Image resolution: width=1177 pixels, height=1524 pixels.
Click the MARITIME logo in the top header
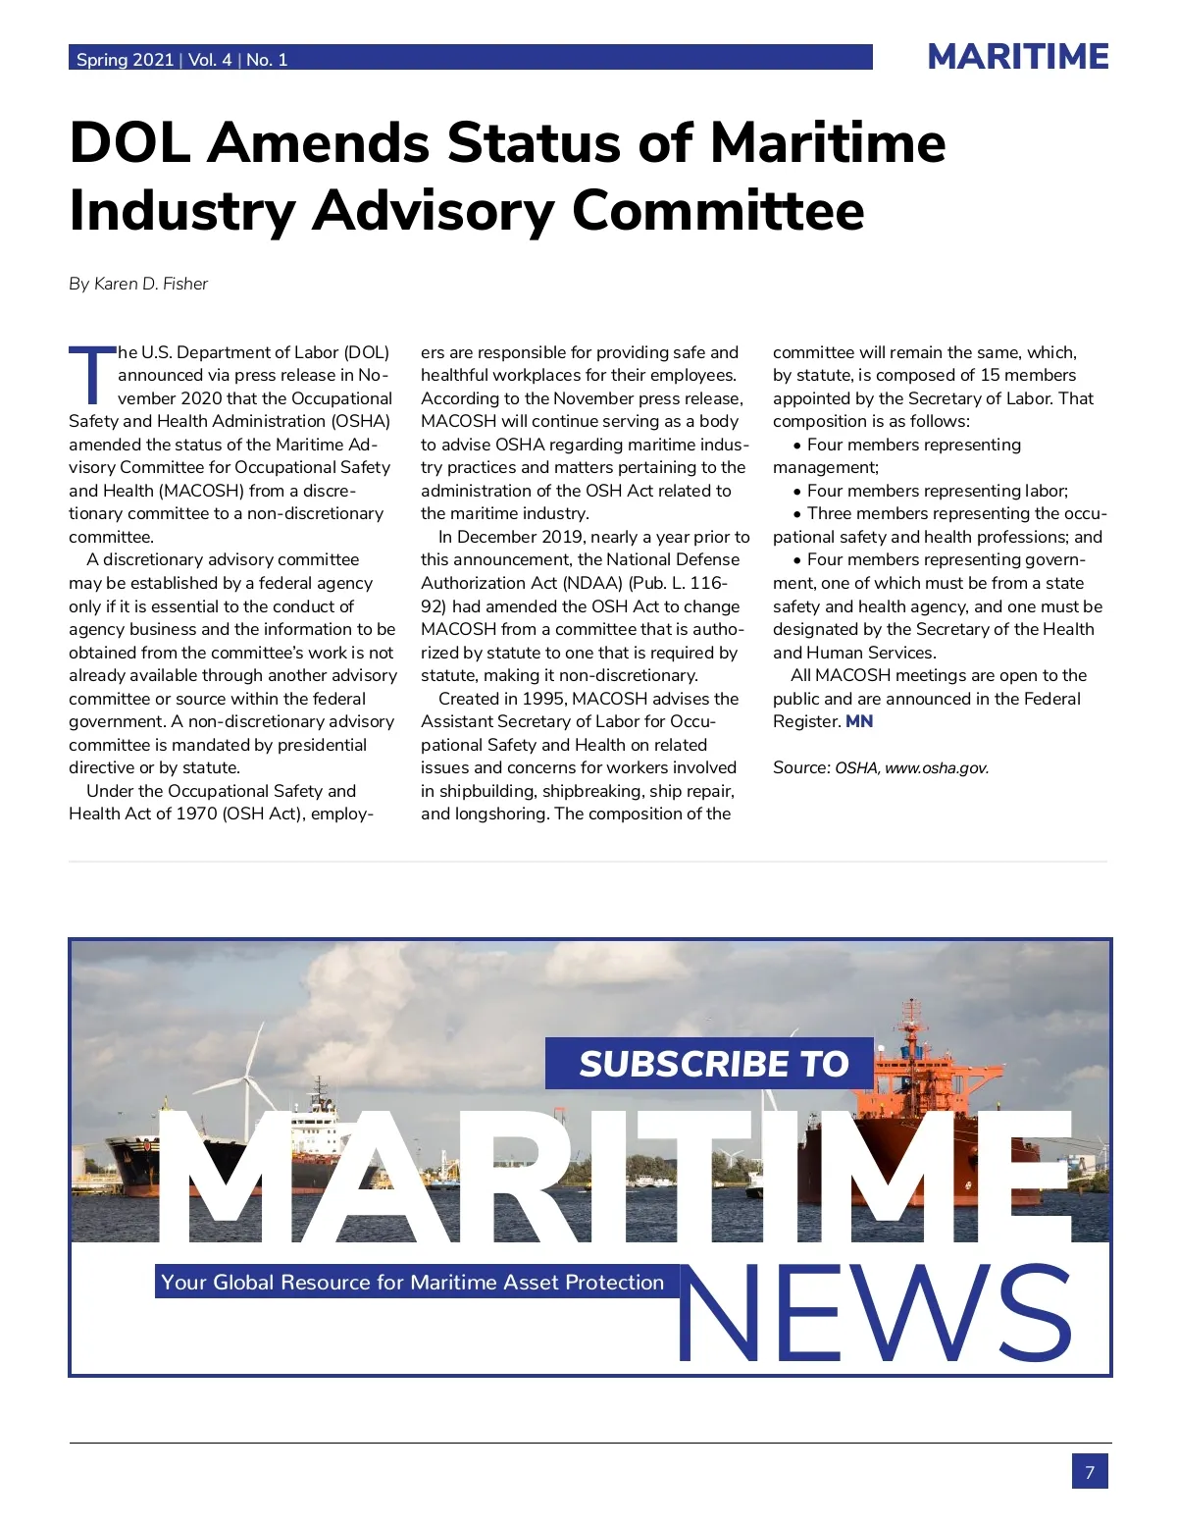[x=1017, y=57]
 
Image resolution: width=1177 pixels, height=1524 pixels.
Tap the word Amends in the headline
[x=318, y=143]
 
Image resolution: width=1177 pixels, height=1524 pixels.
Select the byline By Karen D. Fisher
[x=138, y=284]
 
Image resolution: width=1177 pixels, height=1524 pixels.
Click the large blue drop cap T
[x=91, y=375]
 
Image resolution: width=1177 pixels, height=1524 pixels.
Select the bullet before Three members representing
[x=797, y=514]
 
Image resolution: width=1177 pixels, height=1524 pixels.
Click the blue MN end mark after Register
[x=859, y=721]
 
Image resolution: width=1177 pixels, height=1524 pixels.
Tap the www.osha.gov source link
[x=936, y=768]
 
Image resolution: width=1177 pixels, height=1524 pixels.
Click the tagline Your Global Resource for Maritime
[x=412, y=1283]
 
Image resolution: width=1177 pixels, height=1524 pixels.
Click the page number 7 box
[x=1089, y=1472]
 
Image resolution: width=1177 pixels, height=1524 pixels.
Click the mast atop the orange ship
[x=912, y=1021]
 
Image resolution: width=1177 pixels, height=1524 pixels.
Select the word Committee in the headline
[x=718, y=211]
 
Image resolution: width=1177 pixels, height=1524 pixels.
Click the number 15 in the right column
[x=991, y=375]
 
